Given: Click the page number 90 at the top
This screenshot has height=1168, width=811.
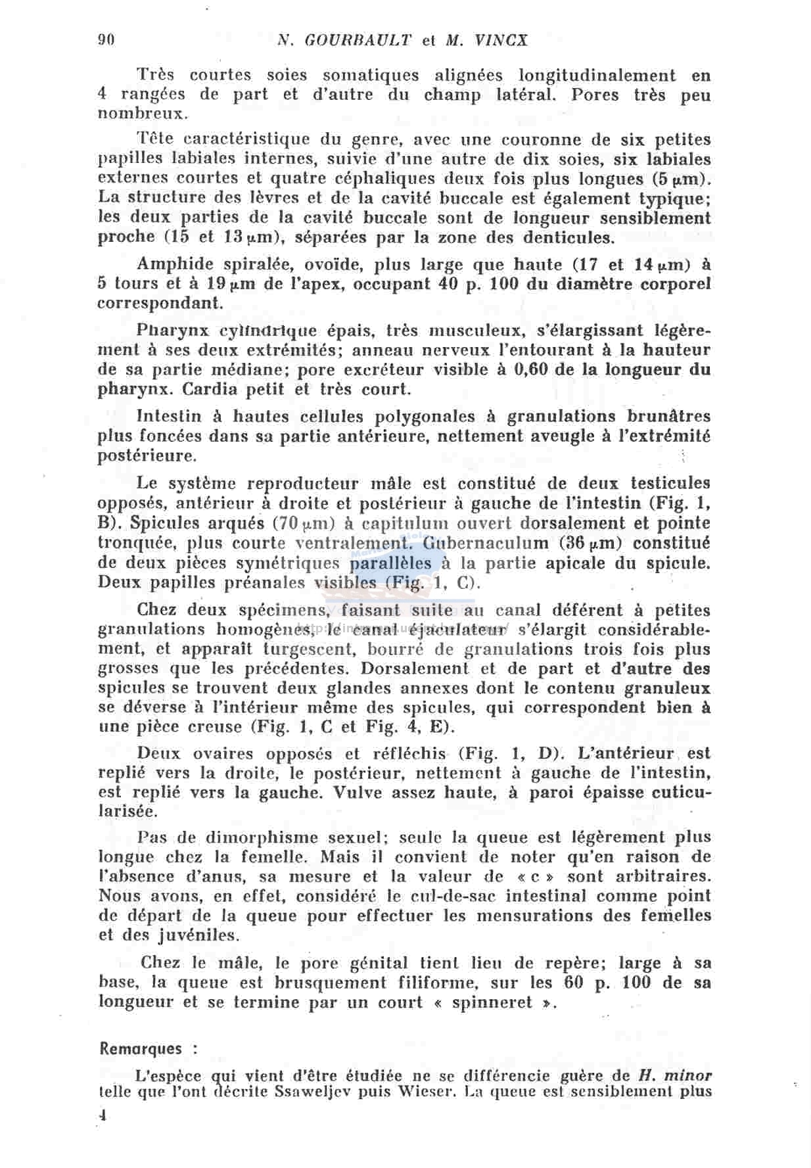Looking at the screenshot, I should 106,39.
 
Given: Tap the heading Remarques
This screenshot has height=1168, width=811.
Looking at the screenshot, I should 141,1048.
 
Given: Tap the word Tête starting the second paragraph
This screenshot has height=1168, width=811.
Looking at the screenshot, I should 156,139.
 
